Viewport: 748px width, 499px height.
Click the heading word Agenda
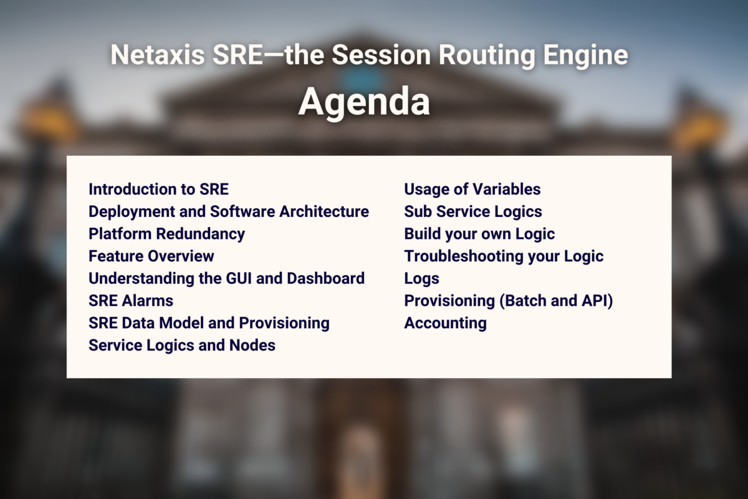point(364,102)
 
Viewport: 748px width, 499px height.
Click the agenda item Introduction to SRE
point(158,189)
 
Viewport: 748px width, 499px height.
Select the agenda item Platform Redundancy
point(166,234)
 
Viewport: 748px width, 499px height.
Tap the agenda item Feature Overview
point(151,256)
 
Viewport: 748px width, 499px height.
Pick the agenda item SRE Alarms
point(131,301)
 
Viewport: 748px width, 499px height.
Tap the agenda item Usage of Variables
point(472,189)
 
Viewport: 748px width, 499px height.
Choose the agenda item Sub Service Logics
point(472,211)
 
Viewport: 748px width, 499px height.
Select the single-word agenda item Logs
point(421,278)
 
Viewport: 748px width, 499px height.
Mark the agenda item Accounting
point(445,323)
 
